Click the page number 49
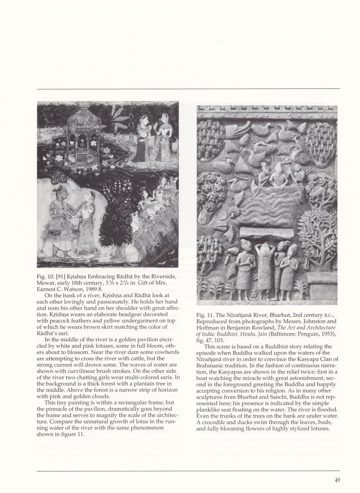click(337, 480)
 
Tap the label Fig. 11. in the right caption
click(204, 315)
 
